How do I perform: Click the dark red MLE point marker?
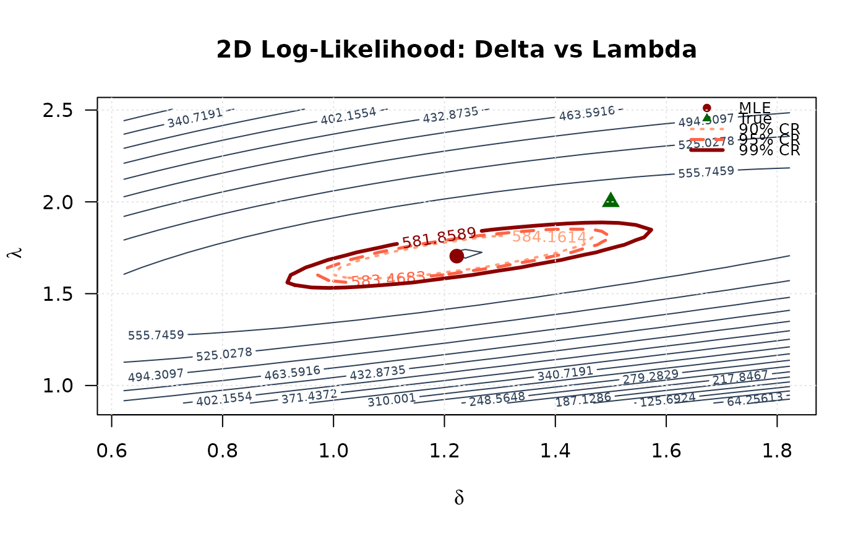[457, 256]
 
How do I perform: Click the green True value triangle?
[611, 200]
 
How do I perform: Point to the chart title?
[457, 50]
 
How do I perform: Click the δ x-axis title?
[458, 498]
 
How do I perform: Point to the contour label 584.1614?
[549, 236]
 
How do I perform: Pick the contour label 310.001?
[392, 400]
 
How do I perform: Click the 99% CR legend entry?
[769, 150]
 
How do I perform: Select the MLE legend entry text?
[755, 108]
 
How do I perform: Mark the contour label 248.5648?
[497, 399]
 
